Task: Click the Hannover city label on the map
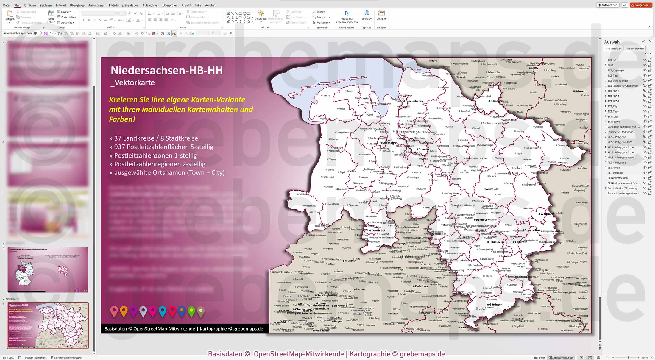(482, 220)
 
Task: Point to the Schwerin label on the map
(581, 91)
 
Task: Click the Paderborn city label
(422, 286)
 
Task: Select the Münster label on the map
(350, 261)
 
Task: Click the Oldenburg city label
(389, 143)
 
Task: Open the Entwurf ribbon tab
(61, 5)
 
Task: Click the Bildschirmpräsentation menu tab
(124, 5)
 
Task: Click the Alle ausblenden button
(634, 49)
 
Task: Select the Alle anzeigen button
(613, 49)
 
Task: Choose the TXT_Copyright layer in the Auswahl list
(616, 71)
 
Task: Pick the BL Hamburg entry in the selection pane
(615, 173)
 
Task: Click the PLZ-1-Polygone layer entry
(617, 163)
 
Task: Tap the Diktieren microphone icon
(367, 13)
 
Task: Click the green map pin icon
(191, 311)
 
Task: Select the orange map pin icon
(124, 311)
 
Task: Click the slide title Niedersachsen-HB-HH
(167, 71)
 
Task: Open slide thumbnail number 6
(48, 269)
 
